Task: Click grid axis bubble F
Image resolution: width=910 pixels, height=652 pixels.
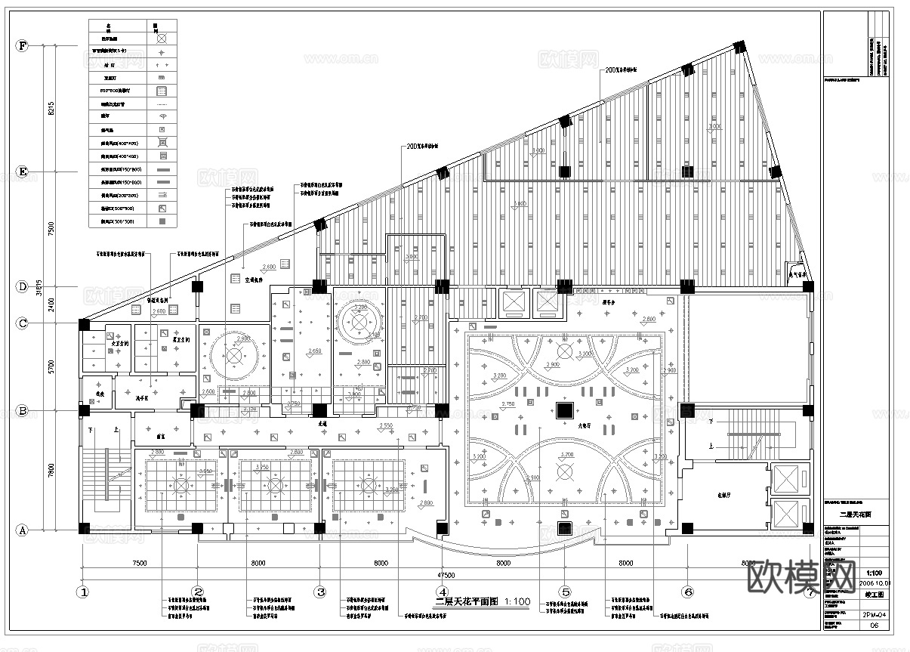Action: [x=23, y=46]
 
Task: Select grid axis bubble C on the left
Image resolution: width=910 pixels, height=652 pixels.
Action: [x=23, y=323]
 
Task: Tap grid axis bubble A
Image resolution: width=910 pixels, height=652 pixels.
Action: [x=23, y=530]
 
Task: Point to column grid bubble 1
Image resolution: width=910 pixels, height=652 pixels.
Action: [x=82, y=592]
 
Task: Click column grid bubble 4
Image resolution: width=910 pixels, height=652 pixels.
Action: [x=443, y=592]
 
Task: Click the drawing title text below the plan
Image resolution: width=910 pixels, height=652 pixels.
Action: [x=483, y=602]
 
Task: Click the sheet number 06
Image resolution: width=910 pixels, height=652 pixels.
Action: [x=875, y=626]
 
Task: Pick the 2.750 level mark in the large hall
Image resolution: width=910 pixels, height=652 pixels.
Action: [x=508, y=406]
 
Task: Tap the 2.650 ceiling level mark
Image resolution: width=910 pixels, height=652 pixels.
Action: [x=315, y=351]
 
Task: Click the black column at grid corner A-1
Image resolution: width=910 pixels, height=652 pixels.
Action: [x=83, y=530]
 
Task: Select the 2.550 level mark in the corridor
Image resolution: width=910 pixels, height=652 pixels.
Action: [x=385, y=426]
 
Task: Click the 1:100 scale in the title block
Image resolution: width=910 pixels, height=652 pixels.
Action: [x=874, y=573]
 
